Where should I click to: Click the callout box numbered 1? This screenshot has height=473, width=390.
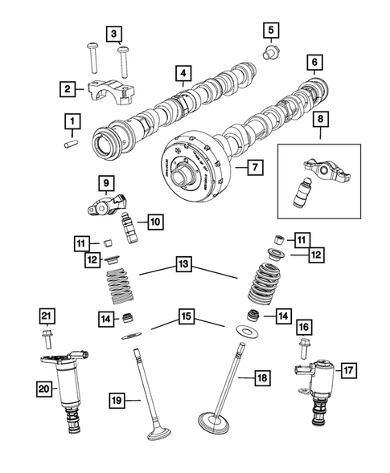pyautogui.click(x=72, y=121)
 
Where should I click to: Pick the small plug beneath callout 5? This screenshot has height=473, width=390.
pyautogui.click(x=273, y=55)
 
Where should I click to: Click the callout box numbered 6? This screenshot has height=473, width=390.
pyautogui.click(x=313, y=63)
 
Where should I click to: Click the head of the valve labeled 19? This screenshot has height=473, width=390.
pyautogui.click(x=158, y=434)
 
